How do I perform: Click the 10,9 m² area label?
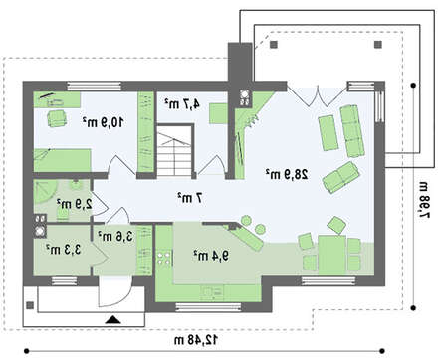[103, 122]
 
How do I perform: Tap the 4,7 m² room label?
[182, 103]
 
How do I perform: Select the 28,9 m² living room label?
[287, 174]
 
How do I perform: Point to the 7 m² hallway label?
[190, 198]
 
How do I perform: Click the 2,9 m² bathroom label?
[75, 204]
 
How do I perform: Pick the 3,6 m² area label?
[115, 236]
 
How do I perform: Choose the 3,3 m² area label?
[64, 249]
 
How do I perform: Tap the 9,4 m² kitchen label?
[211, 255]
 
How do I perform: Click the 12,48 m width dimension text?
[196, 339]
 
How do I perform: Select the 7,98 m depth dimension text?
[424, 200]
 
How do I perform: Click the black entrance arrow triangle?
[112, 320]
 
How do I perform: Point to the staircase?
[175, 151]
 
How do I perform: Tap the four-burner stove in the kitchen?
[164, 258]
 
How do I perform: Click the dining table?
[332, 255]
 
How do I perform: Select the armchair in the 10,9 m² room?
[57, 118]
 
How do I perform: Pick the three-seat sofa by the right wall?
[352, 130]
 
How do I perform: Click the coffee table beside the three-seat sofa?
[328, 133]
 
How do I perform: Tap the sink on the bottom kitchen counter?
[212, 292]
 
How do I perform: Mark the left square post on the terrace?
[273, 45]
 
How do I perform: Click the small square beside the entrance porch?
[30, 305]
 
